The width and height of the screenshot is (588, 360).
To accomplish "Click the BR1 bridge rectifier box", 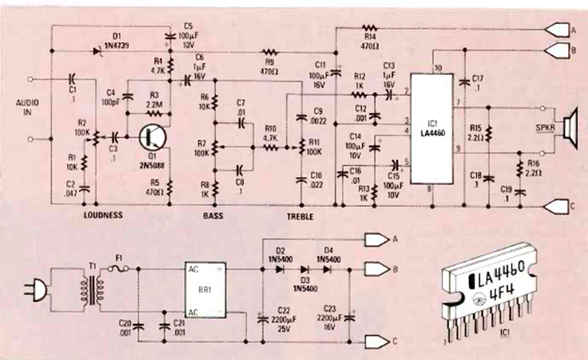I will pyautogui.click(x=205, y=290).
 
